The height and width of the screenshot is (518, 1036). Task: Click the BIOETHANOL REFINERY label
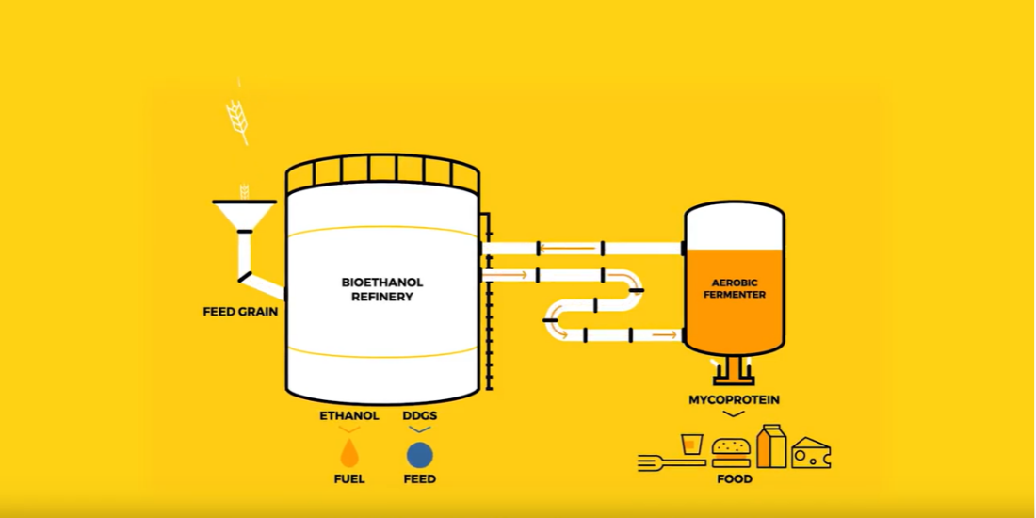[381, 289]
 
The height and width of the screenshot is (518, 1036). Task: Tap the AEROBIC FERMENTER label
[735, 288]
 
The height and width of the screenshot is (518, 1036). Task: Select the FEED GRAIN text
[241, 312]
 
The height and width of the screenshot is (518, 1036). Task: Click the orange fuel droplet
[349, 454]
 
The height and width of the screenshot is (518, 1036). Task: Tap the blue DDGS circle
[420, 455]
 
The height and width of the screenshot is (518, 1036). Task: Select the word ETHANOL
[349, 415]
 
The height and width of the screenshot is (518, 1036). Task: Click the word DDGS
[420, 415]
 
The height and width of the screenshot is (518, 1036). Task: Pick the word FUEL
[349, 479]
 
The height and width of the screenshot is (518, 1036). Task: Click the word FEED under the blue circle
[420, 479]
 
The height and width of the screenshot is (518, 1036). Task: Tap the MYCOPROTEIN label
[735, 400]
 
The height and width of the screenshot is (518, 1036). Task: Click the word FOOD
[735, 479]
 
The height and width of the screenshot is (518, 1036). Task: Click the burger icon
[731, 453]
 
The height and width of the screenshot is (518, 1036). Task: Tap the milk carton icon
[772, 446]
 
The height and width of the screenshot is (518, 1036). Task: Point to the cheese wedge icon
[811, 453]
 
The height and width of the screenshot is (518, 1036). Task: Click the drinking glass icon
[692, 444]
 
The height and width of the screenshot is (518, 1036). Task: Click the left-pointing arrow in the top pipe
[570, 249]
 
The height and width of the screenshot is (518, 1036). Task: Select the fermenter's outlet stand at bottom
[734, 371]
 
